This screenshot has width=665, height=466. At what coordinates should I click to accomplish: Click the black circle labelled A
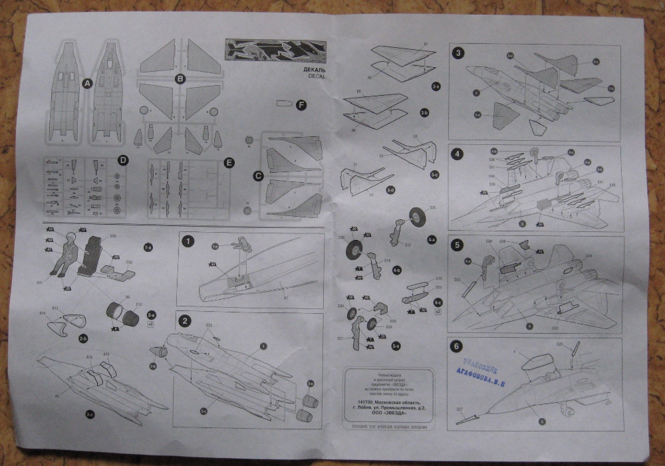pyautogui.click(x=85, y=84)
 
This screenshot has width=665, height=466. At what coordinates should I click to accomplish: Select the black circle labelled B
pyautogui.click(x=179, y=79)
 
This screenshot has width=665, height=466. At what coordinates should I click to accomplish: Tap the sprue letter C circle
pyautogui.click(x=258, y=176)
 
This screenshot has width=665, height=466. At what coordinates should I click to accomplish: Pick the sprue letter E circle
pyautogui.click(x=229, y=162)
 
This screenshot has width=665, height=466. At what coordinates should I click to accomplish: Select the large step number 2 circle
pyautogui.click(x=186, y=321)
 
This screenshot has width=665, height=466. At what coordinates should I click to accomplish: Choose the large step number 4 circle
pyautogui.click(x=458, y=154)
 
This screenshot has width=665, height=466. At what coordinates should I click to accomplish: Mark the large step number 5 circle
pyautogui.click(x=457, y=244)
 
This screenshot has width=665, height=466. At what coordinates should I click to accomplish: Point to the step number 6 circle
pyautogui.click(x=457, y=346)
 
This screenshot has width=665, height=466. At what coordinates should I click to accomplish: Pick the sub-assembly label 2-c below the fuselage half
pyautogui.click(x=90, y=413)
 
